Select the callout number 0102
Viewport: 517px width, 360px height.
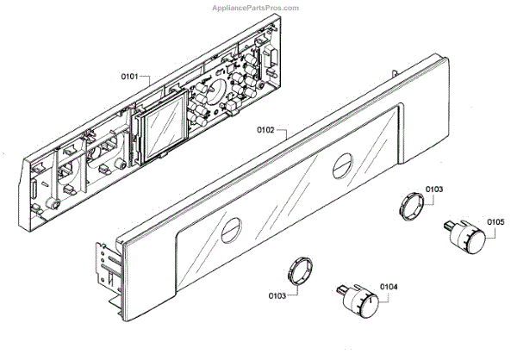(265, 131)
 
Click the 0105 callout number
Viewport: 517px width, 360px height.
(495, 220)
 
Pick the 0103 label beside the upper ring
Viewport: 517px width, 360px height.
(434, 188)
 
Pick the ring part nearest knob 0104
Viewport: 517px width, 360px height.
(300, 269)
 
